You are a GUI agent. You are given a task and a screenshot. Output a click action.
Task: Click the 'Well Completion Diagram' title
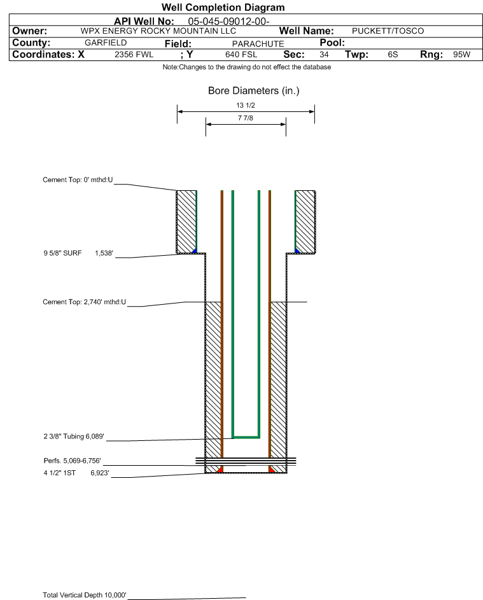coord(223,7)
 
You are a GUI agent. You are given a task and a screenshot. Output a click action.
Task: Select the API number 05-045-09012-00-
coord(228,22)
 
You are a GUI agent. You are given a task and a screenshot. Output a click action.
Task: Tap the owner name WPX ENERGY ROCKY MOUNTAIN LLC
coord(158,31)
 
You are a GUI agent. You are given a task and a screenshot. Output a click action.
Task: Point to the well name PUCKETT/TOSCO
coord(388,31)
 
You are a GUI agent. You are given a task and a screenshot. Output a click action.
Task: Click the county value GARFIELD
coord(106,43)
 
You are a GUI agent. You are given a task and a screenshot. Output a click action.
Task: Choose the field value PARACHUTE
coord(258,44)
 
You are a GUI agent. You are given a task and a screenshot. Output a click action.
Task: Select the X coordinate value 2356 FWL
coord(134,55)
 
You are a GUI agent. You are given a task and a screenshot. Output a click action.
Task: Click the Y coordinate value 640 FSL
coord(241,55)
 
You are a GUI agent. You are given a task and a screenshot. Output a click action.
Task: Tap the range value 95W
coord(461,55)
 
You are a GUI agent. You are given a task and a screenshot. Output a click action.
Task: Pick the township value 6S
coord(393,55)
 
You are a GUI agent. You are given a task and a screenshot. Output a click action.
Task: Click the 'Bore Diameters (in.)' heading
coord(254,91)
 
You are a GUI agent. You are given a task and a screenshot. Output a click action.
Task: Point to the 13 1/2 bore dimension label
coord(246,105)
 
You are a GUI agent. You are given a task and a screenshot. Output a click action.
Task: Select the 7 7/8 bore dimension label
coord(246,118)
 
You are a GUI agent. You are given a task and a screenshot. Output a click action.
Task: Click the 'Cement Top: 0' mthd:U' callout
coord(78,180)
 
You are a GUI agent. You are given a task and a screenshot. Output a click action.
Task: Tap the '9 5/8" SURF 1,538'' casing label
coord(78,253)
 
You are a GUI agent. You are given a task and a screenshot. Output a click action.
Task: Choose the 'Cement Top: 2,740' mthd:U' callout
coord(84,302)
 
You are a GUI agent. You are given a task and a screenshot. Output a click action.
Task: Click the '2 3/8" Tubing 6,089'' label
coord(73,436)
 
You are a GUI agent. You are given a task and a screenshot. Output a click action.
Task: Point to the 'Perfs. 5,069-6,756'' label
coord(72,461)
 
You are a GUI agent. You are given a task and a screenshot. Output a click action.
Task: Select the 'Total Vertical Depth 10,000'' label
coord(85,595)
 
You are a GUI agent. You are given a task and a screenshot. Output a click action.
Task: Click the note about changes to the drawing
coord(247,67)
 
